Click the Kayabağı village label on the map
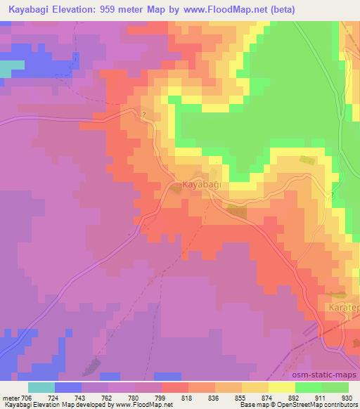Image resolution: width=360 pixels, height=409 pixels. tap(202, 184)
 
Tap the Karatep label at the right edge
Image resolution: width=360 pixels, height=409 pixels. tap(344, 308)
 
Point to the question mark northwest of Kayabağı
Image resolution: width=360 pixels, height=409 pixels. tap(143, 115)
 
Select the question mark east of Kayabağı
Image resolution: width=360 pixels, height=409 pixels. tap(333, 195)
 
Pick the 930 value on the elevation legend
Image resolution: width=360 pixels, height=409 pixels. tap(347, 398)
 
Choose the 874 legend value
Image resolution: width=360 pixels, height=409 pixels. tap(267, 398)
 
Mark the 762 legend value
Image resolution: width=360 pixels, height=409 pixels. tap(108, 398)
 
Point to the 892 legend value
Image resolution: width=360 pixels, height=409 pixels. tap(294, 398)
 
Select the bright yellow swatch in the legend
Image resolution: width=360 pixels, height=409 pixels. tap(281, 387)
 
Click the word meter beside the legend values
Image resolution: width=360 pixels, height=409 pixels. tap(11, 398)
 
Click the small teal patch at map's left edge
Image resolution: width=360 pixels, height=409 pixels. tap(8, 68)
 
